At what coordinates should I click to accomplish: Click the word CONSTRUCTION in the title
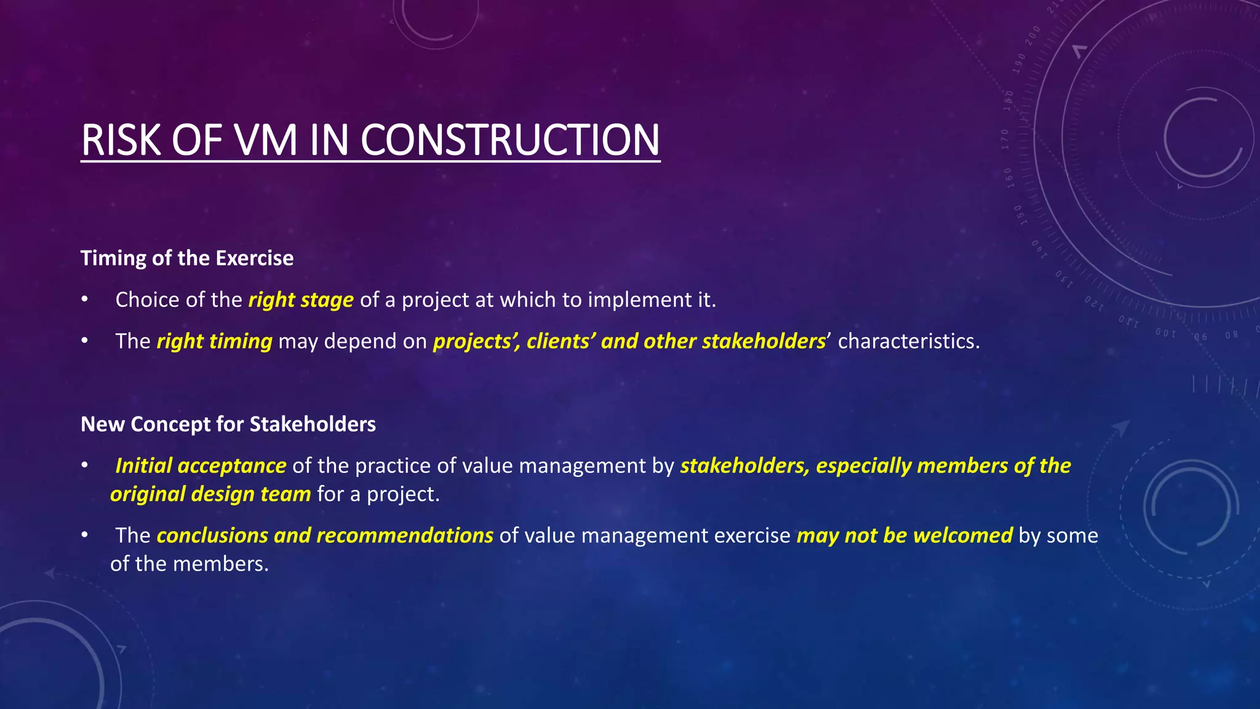pos(509,140)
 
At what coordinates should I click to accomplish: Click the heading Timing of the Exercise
pos(187,258)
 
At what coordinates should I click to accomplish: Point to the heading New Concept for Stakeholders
pos(228,424)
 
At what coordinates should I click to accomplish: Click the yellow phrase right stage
pos(301,300)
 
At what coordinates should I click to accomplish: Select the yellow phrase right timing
pos(214,341)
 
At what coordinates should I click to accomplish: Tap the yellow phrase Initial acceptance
pos(201,466)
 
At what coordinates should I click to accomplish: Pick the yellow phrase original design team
pos(210,494)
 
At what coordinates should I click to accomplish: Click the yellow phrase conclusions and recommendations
pos(325,535)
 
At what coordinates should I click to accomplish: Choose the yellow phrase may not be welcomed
pos(904,535)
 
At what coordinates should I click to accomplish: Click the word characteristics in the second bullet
pos(908,341)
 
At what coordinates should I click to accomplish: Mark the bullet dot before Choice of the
pos(85,300)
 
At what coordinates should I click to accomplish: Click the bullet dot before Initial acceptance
pos(85,466)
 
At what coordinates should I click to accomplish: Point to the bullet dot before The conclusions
pos(85,535)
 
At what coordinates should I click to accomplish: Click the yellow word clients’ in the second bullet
pos(560,341)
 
